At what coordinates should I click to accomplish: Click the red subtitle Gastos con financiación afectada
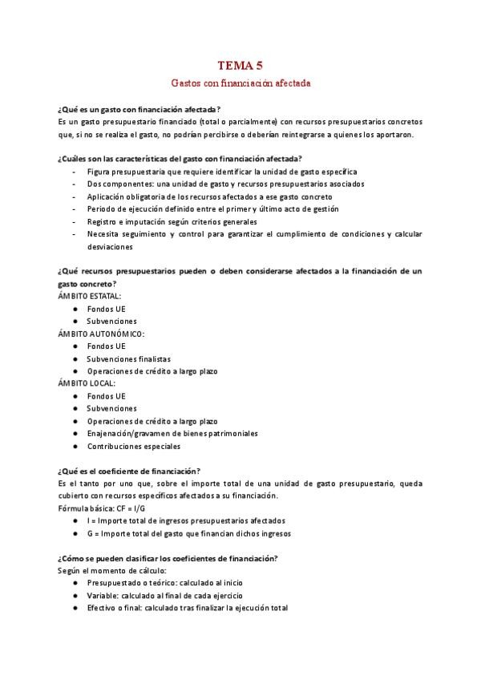240,83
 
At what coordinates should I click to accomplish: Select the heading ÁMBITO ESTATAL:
89,296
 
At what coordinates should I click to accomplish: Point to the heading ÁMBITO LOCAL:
87,383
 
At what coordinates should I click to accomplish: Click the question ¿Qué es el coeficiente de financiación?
129,471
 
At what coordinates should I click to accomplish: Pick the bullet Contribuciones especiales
133,446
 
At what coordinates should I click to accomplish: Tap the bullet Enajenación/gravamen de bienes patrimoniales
172,433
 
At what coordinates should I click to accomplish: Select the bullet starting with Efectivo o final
187,608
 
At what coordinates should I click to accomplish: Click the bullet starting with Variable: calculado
164,595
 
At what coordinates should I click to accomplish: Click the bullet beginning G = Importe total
188,533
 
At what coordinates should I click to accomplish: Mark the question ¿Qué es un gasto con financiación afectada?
139,108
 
